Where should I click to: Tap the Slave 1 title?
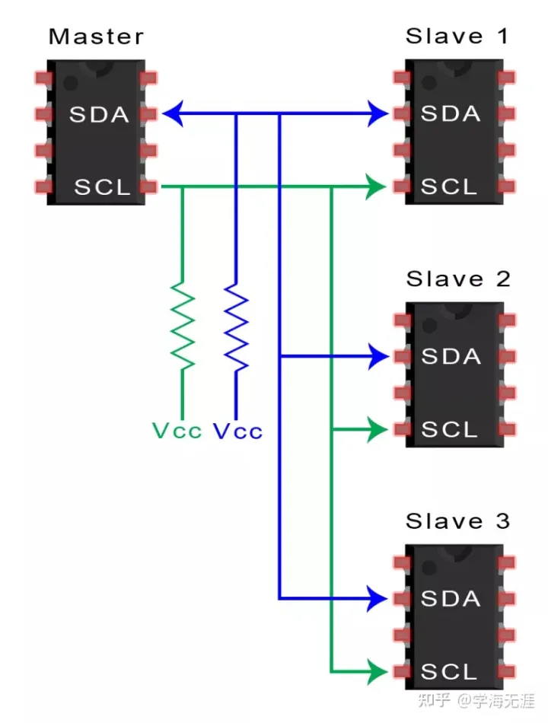(x=457, y=36)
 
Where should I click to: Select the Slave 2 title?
(x=457, y=279)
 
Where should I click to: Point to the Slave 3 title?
(x=457, y=521)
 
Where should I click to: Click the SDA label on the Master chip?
(x=100, y=114)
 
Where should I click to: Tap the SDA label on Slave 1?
(x=451, y=114)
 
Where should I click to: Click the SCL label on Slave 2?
(x=450, y=429)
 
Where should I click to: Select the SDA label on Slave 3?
(x=451, y=599)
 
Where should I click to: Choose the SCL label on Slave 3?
(x=450, y=671)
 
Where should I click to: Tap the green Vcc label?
(x=177, y=431)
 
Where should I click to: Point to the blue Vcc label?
(x=237, y=431)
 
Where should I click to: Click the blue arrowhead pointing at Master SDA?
(x=171, y=114)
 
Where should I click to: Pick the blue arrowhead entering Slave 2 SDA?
(x=378, y=355)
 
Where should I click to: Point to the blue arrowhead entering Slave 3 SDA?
(x=378, y=599)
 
